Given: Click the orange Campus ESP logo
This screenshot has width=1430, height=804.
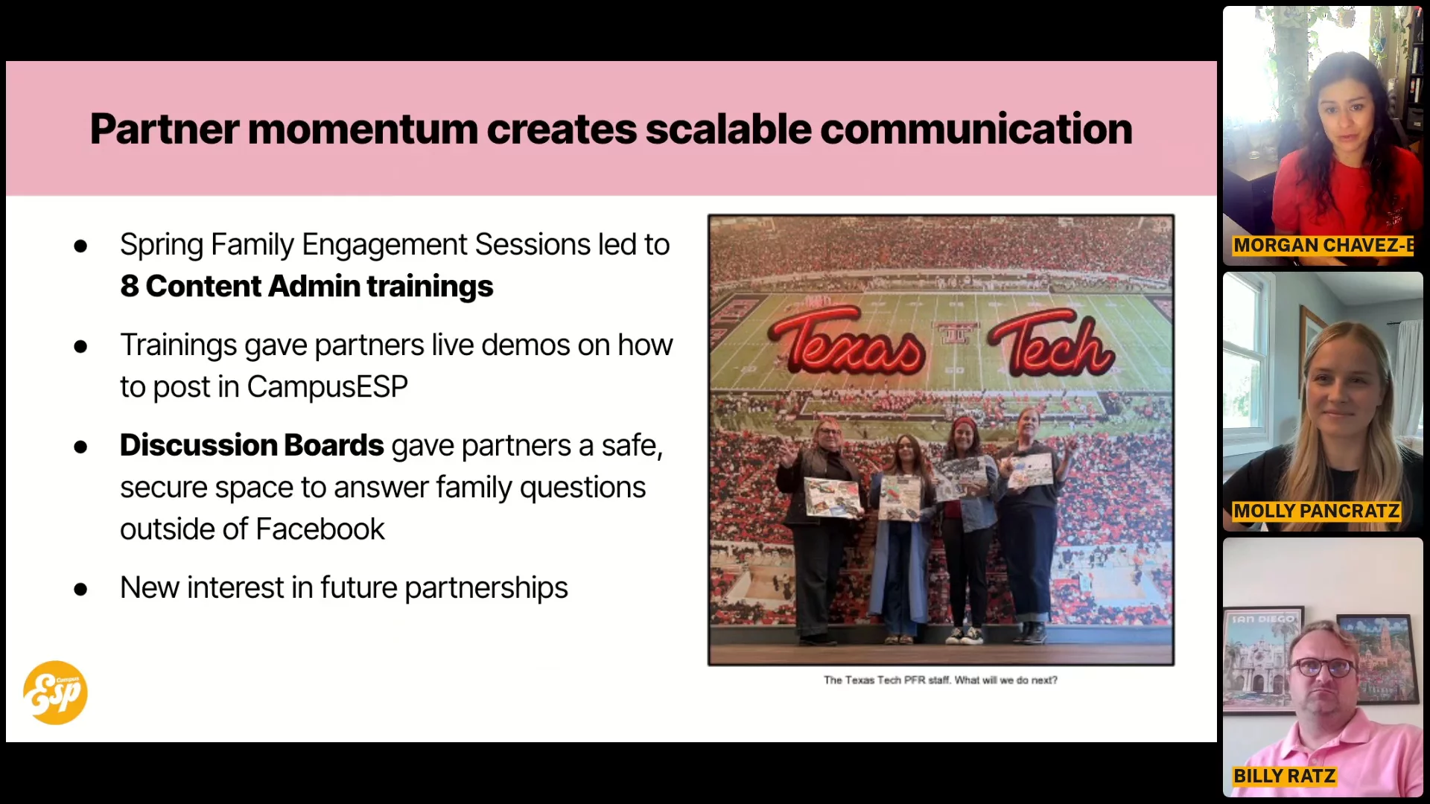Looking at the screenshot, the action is (x=55, y=692).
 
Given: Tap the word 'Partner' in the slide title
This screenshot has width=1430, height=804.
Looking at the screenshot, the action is (x=165, y=130).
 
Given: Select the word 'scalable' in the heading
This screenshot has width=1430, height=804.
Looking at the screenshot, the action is (x=728, y=129).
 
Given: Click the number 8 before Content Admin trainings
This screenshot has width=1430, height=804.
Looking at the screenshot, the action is (x=130, y=287).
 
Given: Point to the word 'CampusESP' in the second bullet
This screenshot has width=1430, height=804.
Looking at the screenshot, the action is (x=327, y=387).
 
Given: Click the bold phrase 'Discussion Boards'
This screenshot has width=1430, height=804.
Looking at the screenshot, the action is (x=252, y=445).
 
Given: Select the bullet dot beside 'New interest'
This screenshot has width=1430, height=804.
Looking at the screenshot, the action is (x=80, y=590).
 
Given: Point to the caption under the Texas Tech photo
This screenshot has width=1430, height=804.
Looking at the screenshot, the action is (x=941, y=680).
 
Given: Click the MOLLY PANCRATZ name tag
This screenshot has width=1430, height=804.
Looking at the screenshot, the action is (x=1317, y=511).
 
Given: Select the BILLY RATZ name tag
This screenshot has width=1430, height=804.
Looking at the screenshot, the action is (x=1285, y=776).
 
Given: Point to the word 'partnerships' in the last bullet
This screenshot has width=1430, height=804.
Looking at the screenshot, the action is (x=486, y=588).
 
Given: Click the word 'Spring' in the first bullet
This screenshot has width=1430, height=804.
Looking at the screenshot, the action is (x=161, y=246).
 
